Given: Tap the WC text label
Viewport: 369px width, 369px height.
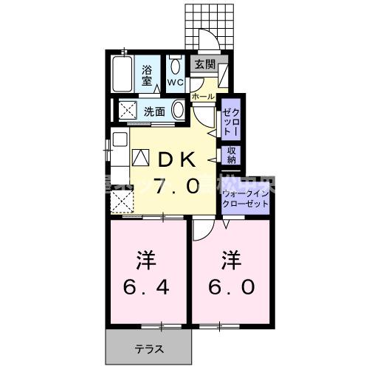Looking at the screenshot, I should [x=175, y=81].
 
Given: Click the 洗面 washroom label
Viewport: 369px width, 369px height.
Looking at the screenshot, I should [x=154, y=111].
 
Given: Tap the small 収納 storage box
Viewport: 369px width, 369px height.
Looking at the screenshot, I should [x=231, y=155].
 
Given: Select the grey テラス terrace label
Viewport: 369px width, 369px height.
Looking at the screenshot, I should [x=148, y=348].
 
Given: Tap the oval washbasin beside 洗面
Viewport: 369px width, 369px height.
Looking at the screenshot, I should [x=178, y=111].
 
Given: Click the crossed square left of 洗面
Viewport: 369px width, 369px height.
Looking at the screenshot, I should [x=127, y=111].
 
